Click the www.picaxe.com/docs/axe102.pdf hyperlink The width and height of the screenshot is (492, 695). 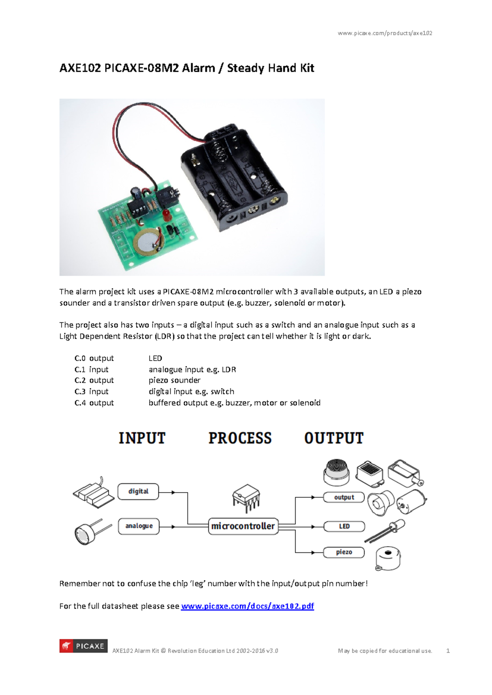(247, 606)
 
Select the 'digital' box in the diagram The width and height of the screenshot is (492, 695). (138, 491)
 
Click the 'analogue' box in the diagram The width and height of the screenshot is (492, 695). (139, 526)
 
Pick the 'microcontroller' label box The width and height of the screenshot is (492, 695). (243, 526)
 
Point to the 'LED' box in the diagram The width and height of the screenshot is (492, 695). (344, 526)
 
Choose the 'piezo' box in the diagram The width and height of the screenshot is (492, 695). (344, 552)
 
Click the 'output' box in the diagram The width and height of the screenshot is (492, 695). (344, 497)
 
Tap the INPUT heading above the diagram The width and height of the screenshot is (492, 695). (142, 438)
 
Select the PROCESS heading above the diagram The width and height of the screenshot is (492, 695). (240, 438)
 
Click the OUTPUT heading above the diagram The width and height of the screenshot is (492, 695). (334, 438)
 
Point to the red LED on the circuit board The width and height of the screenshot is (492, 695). (167, 215)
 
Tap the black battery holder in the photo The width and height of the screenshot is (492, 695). (234, 176)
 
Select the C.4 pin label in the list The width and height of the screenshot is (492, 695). (80, 403)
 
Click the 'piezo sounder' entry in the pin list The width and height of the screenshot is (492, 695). (174, 380)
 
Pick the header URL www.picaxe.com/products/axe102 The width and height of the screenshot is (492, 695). (385, 33)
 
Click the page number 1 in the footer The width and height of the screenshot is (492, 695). (448, 651)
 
